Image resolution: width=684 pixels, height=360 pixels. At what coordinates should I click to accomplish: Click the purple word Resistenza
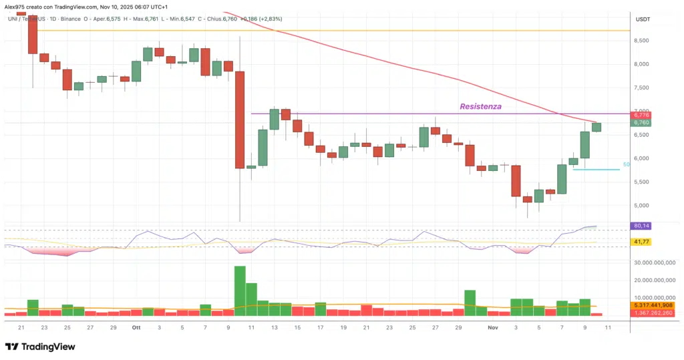[x=480, y=106]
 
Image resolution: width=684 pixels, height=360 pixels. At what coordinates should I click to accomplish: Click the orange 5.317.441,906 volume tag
[x=655, y=306]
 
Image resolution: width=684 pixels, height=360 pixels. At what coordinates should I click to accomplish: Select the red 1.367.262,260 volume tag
[x=655, y=313]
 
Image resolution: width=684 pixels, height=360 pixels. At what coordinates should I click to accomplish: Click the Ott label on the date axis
[x=136, y=328]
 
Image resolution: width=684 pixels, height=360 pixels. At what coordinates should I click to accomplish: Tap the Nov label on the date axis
[x=493, y=328]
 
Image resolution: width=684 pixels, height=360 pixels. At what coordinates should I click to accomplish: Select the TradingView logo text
[x=48, y=347]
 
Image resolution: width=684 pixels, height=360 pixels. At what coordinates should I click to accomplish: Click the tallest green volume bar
[x=240, y=291]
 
